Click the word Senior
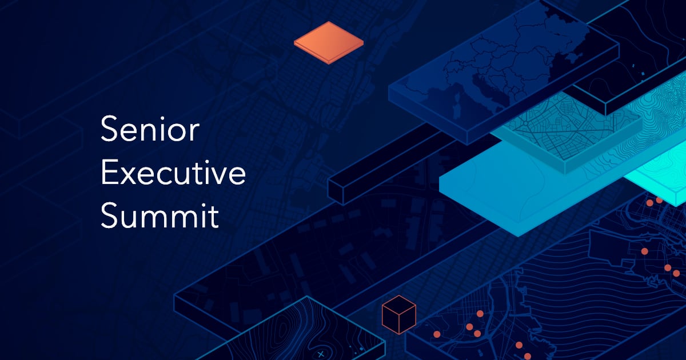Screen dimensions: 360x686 tap(149, 130)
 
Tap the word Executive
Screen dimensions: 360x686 tap(173, 174)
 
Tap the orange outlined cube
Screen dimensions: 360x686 tap(398, 315)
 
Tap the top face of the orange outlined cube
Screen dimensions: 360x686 tap(398, 303)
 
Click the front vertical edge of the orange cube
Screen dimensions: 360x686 tap(398, 323)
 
